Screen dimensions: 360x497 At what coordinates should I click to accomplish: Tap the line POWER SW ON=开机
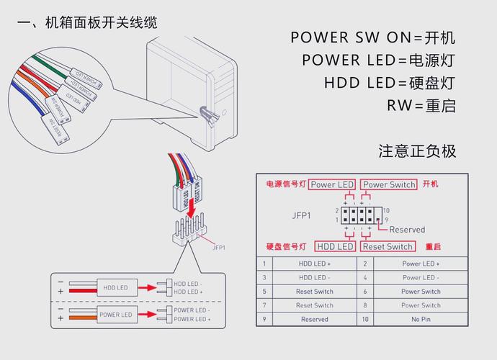pyautogui.click(x=373, y=37)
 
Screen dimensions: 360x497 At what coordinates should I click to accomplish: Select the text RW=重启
pyautogui.click(x=421, y=106)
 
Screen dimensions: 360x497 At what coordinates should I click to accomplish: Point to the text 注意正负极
pyautogui.click(x=417, y=151)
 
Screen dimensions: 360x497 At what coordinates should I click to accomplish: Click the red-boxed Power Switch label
pyautogui.click(x=389, y=184)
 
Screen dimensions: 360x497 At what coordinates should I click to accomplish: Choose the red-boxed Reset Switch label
pyautogui.click(x=388, y=246)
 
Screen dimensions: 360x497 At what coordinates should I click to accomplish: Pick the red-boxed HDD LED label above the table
pyautogui.click(x=336, y=246)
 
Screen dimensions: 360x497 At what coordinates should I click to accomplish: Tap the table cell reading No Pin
pyautogui.click(x=421, y=319)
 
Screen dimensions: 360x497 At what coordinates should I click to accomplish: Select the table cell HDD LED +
pyautogui.click(x=315, y=264)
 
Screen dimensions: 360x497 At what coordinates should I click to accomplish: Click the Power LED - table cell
pyautogui.click(x=421, y=278)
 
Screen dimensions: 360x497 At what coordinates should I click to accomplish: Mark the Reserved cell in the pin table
pyautogui.click(x=315, y=319)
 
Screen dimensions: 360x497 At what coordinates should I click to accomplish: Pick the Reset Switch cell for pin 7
pyautogui.click(x=315, y=305)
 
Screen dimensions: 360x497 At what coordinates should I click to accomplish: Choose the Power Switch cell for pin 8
pyautogui.click(x=421, y=305)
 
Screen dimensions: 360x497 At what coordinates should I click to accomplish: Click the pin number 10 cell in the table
pyautogui.click(x=365, y=319)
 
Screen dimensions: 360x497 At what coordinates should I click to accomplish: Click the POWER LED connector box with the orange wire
pyautogui.click(x=115, y=315)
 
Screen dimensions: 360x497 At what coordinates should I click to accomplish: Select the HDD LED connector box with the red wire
pyautogui.click(x=115, y=287)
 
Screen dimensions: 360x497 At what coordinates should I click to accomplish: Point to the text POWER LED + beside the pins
pyautogui.click(x=192, y=319)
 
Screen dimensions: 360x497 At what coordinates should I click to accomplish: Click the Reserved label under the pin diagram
pyautogui.click(x=407, y=230)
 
